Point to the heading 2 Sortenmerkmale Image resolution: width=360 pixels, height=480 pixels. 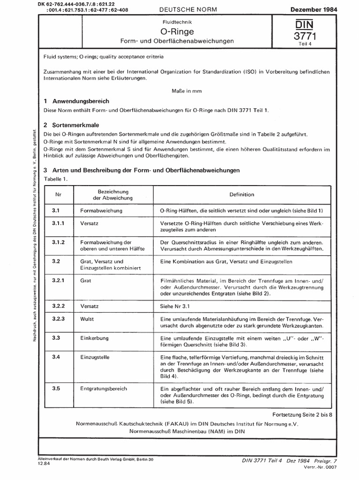(x=73, y=126)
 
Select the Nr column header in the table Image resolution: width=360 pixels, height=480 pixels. (x=59, y=193)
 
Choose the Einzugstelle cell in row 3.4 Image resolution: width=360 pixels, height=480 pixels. (x=95, y=357)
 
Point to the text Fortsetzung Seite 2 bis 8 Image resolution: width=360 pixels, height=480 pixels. (x=302, y=415)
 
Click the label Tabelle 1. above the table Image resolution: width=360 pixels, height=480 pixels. (x=56, y=180)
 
